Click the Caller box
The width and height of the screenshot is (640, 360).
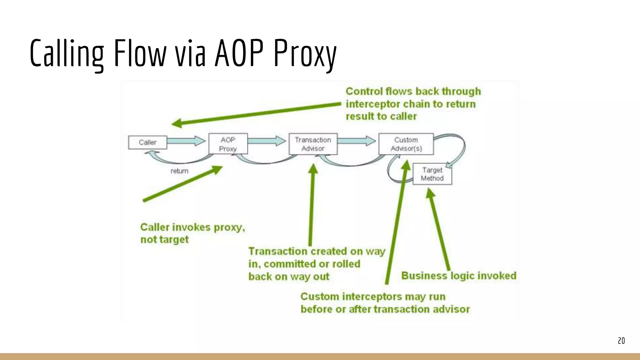coord(147,142)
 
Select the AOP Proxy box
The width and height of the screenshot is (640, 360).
coord(228,144)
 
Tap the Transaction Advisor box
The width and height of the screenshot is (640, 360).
coord(313,144)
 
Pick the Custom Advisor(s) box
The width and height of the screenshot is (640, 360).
coord(406,144)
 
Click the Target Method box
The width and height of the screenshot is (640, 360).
coord(432,174)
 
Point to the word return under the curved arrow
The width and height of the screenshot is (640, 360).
coord(179,171)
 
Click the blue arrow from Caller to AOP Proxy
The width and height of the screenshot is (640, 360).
coord(186,141)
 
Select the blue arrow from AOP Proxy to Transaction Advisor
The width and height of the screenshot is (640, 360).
coord(267,141)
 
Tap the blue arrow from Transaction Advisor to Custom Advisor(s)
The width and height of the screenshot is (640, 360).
coord(357,141)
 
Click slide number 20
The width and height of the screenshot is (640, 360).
coord(621,341)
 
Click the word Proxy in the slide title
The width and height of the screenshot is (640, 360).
coord(305,53)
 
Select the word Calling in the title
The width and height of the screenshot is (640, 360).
coord(67,53)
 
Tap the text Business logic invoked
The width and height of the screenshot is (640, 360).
coord(458,276)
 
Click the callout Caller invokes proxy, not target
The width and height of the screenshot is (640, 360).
coord(192,233)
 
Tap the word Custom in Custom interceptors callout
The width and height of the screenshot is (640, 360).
coord(319,296)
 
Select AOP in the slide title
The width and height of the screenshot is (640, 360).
coord(239,53)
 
